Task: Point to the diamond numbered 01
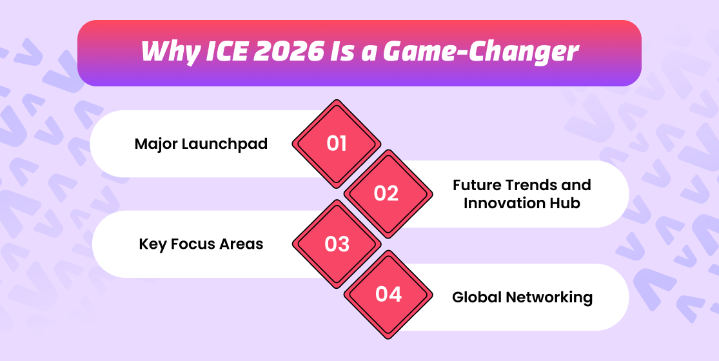click(337, 143)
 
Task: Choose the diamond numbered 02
click(388, 194)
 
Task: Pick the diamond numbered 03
click(337, 244)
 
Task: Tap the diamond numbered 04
click(388, 294)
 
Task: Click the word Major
click(156, 144)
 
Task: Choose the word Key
click(153, 244)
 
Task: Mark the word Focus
click(193, 244)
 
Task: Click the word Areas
click(241, 244)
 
